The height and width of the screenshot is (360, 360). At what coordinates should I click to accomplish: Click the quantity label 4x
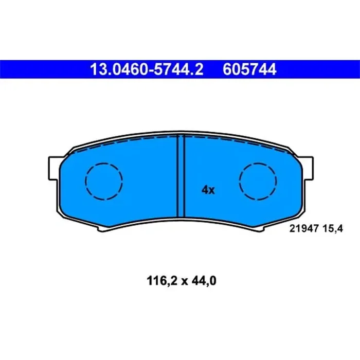point(208,190)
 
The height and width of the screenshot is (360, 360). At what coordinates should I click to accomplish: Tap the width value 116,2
point(155,281)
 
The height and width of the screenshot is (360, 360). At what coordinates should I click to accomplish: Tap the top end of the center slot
point(181,136)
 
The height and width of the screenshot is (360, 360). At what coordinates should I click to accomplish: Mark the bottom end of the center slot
point(181,216)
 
